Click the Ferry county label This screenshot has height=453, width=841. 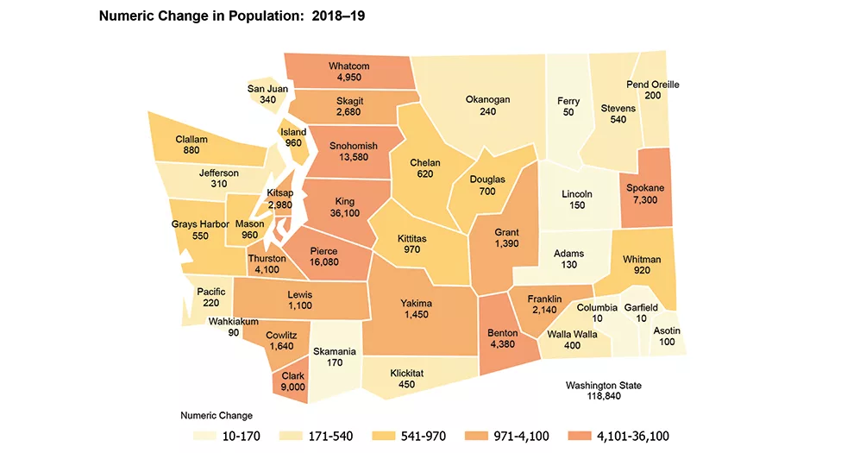point(568,100)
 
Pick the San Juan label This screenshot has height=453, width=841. point(267,88)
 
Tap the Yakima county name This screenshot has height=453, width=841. point(416,304)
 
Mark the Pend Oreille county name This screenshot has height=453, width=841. point(653,84)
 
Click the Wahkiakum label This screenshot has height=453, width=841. point(233,322)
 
